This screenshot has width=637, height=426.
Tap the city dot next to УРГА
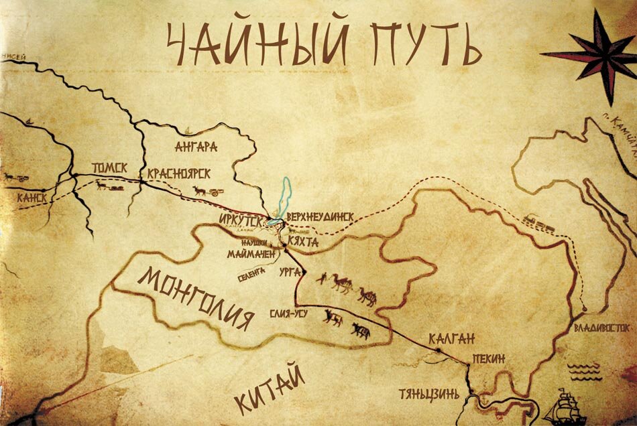click(x=303, y=272)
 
